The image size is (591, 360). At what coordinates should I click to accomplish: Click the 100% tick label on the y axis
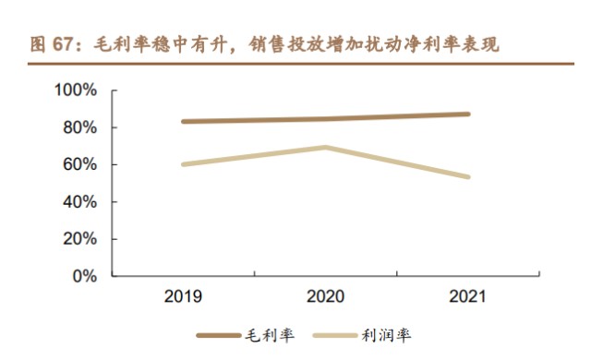[76, 90]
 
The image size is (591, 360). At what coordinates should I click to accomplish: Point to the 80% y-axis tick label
[79, 127]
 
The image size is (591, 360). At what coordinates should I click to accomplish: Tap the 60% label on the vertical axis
[79, 164]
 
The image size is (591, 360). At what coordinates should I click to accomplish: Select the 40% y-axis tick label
[79, 201]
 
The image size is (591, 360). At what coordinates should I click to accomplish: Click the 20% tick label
[79, 238]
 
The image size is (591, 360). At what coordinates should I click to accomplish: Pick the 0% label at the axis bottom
[84, 275]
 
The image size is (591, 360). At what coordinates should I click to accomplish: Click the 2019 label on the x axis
[184, 297]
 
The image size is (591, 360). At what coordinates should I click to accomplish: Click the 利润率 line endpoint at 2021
[468, 176]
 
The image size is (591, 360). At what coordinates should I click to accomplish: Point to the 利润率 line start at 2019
[184, 164]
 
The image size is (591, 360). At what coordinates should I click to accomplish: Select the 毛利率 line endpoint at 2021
[468, 114]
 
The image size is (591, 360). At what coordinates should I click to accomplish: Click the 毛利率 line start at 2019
[184, 121]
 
